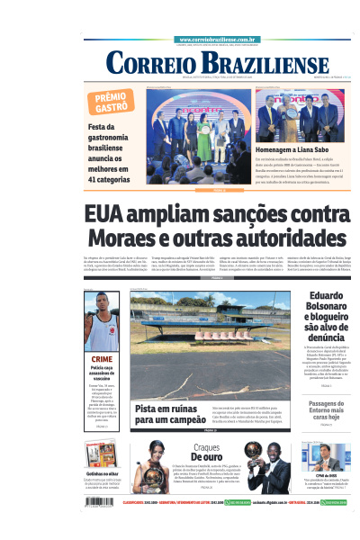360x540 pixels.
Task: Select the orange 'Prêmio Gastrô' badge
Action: point(112,102)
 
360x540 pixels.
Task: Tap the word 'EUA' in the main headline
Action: point(107,216)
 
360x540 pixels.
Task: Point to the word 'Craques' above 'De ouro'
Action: point(206,447)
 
